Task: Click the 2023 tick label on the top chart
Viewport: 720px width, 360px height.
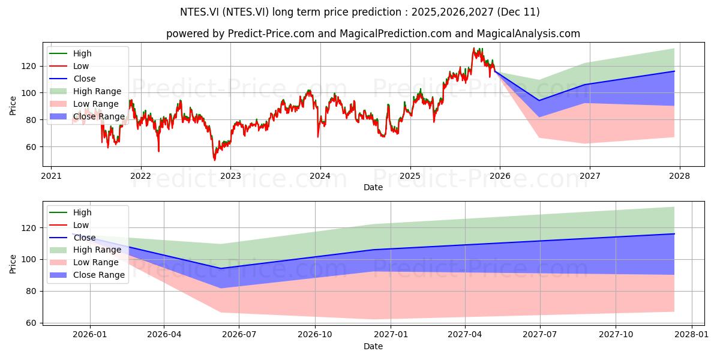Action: [x=230, y=176]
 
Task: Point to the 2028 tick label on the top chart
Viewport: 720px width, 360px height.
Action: [x=680, y=176]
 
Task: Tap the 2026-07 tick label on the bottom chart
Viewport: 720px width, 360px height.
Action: [x=239, y=335]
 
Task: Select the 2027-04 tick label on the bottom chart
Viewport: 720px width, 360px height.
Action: [x=465, y=335]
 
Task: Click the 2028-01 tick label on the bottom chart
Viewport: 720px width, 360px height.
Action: [x=691, y=335]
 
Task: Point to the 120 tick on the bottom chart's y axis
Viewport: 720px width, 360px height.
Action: [x=29, y=228]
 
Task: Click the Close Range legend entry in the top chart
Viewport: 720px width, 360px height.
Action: [x=87, y=116]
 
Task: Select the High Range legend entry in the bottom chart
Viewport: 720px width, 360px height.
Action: [x=85, y=250]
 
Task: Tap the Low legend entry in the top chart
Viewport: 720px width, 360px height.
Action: [x=69, y=66]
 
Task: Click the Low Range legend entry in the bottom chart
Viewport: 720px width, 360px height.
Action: [x=84, y=262]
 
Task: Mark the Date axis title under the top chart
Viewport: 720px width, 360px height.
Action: [x=373, y=187]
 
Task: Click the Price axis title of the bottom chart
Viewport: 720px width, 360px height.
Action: [x=13, y=264]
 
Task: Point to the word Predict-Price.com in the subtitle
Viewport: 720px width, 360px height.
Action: [x=271, y=34]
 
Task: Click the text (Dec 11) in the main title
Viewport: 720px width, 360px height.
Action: [x=518, y=12]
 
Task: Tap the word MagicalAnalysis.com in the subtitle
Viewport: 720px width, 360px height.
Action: [x=529, y=34]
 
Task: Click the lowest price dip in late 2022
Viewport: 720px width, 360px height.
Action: [x=214, y=160]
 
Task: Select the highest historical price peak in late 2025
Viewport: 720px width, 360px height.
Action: [x=473, y=48]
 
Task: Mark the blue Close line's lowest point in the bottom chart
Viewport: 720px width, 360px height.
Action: [x=221, y=268]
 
